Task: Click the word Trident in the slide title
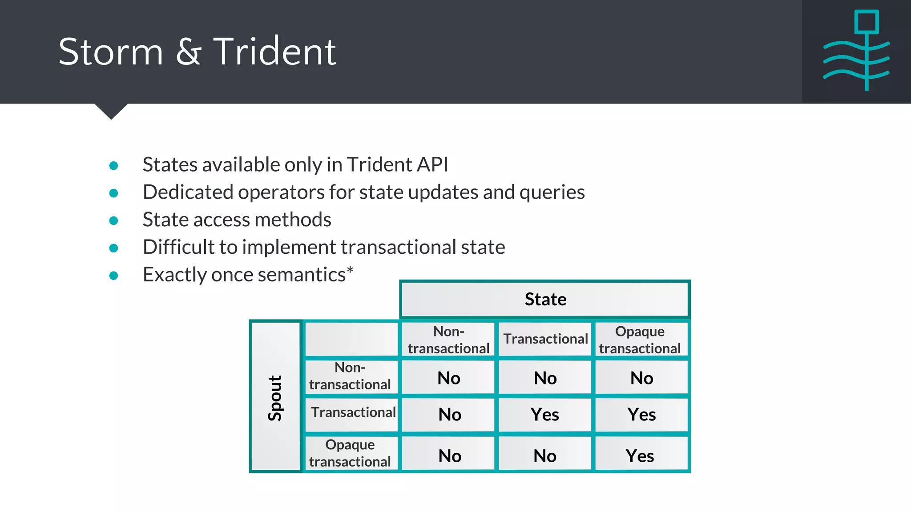click(x=274, y=52)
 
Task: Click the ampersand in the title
click(x=189, y=52)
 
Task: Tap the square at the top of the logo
click(x=866, y=22)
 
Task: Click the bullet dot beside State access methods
click(x=114, y=220)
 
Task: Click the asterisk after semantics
click(x=350, y=270)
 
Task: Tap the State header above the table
click(x=545, y=299)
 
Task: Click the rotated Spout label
click(x=275, y=397)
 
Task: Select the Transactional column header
click(x=545, y=339)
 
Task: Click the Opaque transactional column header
click(x=640, y=340)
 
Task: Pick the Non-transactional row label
click(x=350, y=376)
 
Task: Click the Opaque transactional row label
click(x=350, y=453)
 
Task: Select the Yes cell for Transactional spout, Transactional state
click(x=545, y=415)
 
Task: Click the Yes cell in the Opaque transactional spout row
click(x=640, y=456)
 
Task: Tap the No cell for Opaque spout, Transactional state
click(x=545, y=456)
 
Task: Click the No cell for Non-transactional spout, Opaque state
click(x=641, y=378)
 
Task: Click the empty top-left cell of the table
click(x=351, y=339)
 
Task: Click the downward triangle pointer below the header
click(x=111, y=111)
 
